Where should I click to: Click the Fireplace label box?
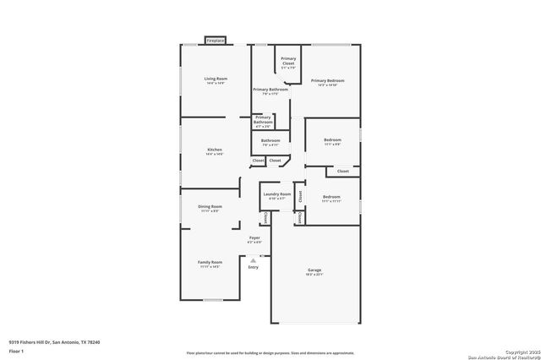pyautogui.click(x=216, y=41)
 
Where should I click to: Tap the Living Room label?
pyautogui.click(x=216, y=80)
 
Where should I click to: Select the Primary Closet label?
pyautogui.click(x=288, y=61)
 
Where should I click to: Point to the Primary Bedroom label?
pyautogui.click(x=327, y=82)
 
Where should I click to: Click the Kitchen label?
pyautogui.click(x=215, y=151)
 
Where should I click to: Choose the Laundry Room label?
pyautogui.click(x=276, y=196)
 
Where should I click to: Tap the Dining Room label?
pyautogui.click(x=210, y=208)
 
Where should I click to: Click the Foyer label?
pyautogui.click(x=254, y=240)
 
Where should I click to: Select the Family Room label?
pyautogui.click(x=210, y=264)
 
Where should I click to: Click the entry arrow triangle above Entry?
pyautogui.click(x=253, y=260)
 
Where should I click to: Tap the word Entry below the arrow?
pyautogui.click(x=253, y=267)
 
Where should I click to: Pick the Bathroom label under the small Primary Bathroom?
pyautogui.click(x=270, y=142)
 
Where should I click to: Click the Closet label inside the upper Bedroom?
pyautogui.click(x=342, y=172)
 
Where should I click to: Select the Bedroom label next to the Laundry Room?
pyautogui.click(x=331, y=199)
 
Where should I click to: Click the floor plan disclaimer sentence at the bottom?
pyautogui.click(x=270, y=354)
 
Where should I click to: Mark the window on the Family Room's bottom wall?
pyautogui.click(x=214, y=300)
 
